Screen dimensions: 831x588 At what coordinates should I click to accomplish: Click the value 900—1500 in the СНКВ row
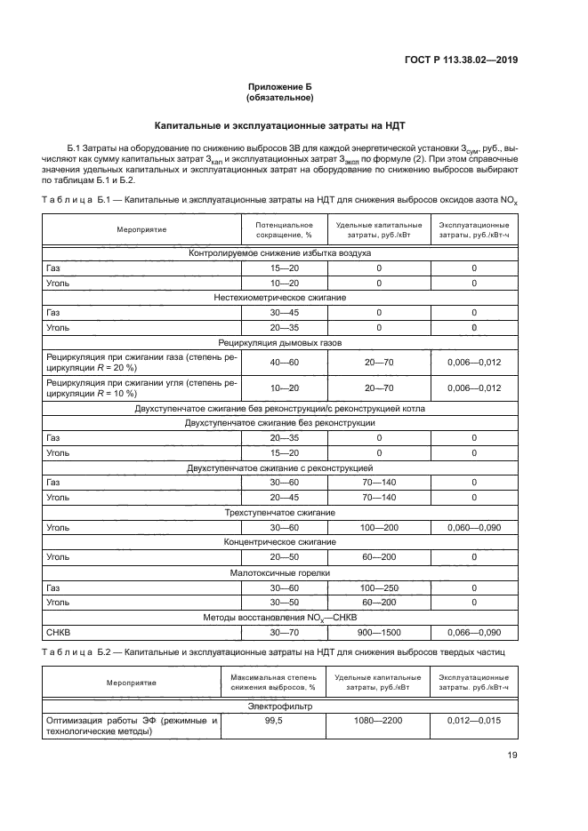coord(379,633)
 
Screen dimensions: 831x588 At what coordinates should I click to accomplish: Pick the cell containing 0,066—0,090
coord(474,633)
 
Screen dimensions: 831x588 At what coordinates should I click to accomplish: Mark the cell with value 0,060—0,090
coord(474,527)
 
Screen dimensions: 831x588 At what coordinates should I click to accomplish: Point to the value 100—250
coord(379,587)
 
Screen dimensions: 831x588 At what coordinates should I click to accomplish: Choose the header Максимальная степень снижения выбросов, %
coord(273,683)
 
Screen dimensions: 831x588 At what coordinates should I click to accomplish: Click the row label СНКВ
coord(58,633)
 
